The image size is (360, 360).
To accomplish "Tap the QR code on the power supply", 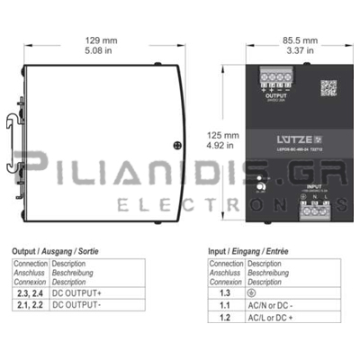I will click(328, 87).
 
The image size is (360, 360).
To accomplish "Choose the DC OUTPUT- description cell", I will click(76, 304).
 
